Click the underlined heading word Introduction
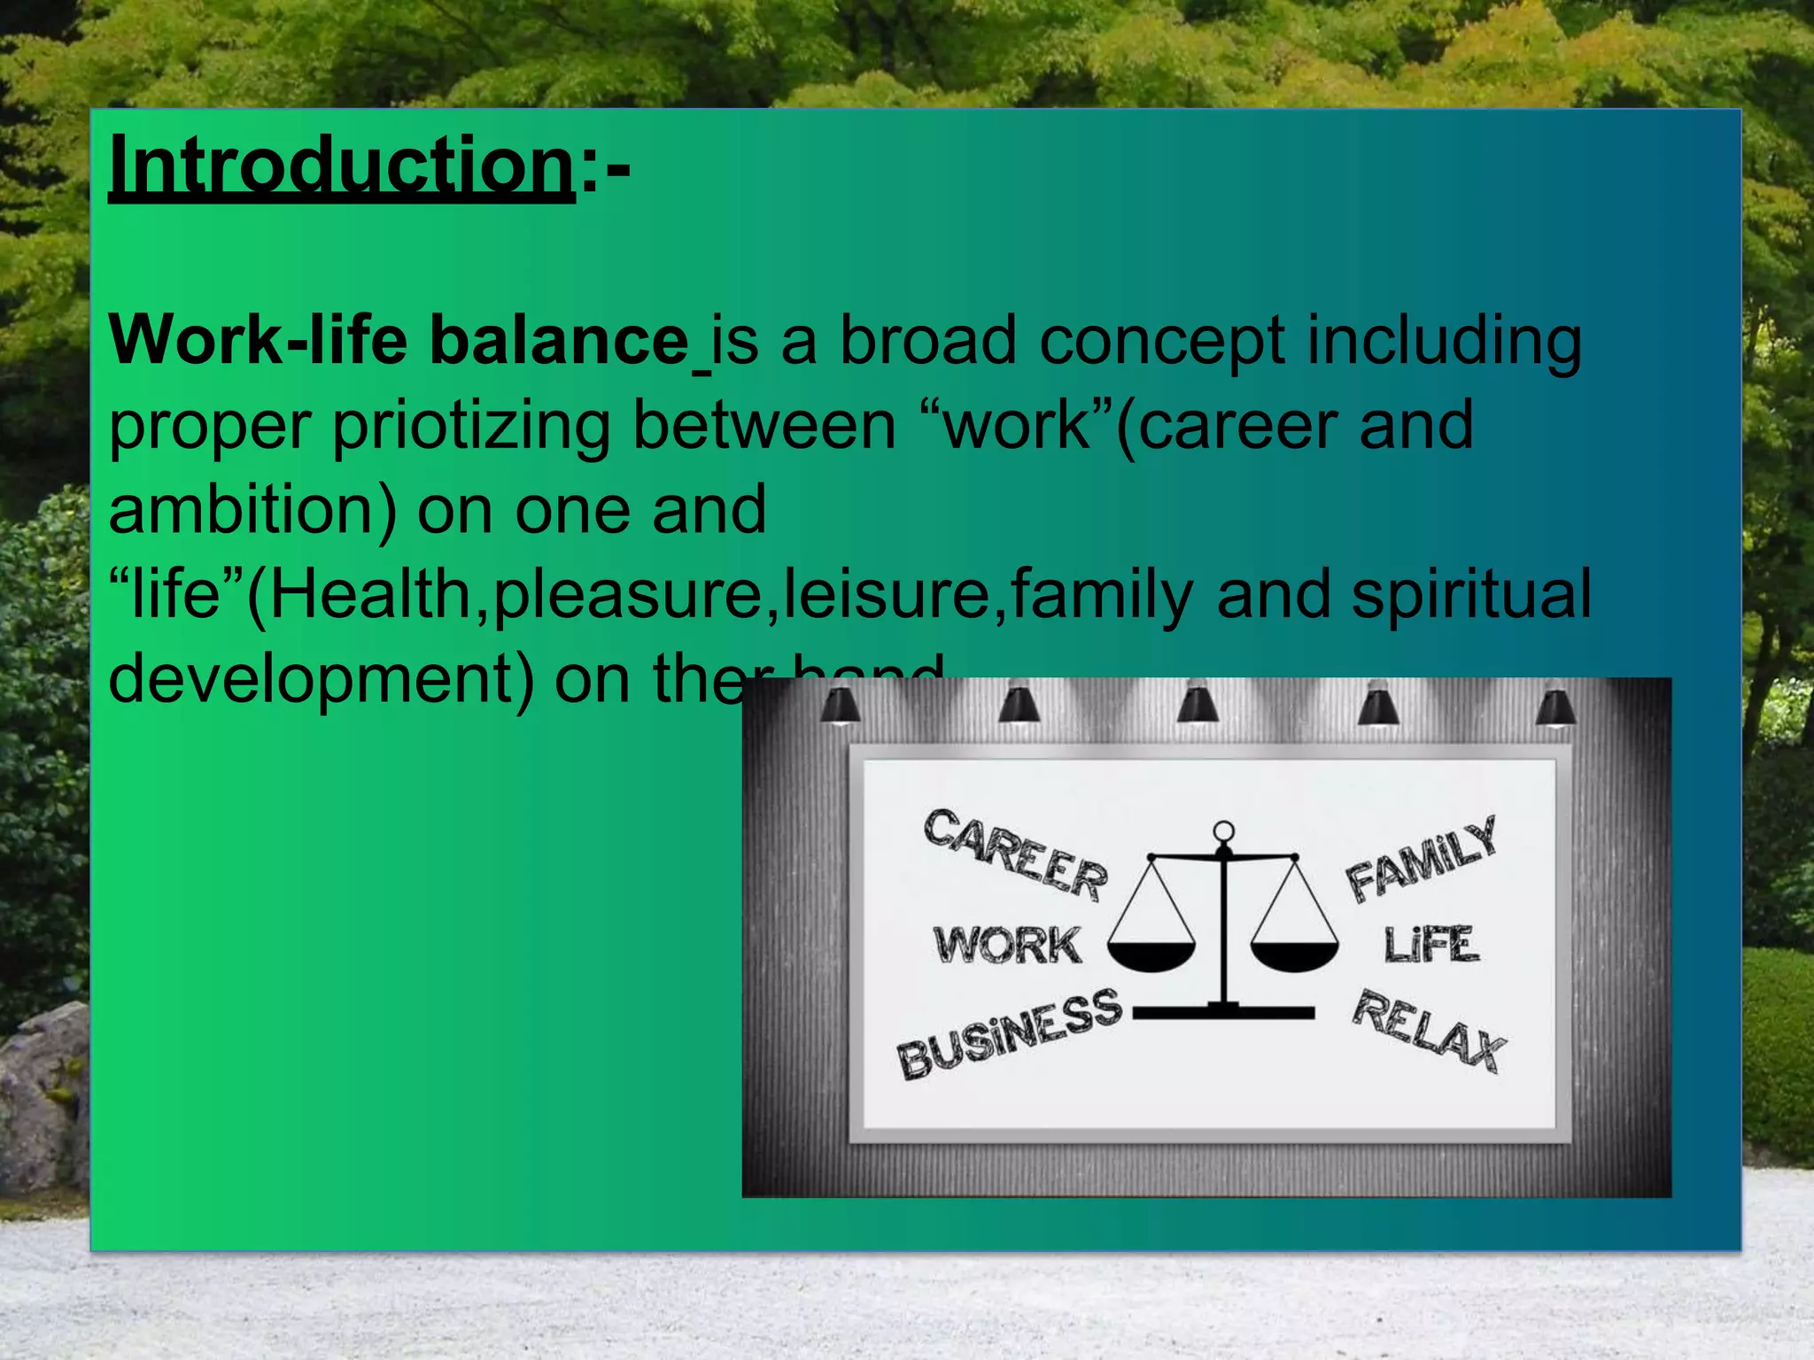coord(341,166)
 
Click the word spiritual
coord(1470,595)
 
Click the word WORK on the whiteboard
coord(1007,945)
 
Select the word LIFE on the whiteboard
coord(1430,945)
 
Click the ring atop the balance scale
coord(1223,831)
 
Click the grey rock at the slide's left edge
coord(44,1098)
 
